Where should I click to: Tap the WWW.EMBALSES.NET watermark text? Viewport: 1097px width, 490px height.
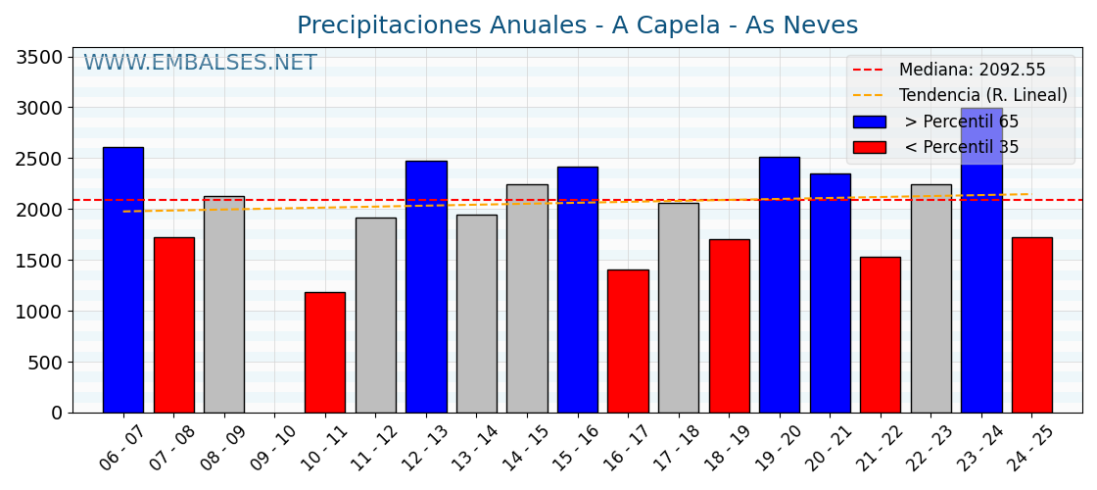tap(200, 64)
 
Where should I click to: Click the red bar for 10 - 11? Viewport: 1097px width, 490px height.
tap(325, 353)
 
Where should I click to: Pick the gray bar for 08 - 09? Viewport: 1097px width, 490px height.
tap(224, 305)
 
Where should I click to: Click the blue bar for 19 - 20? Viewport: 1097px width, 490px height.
tap(780, 285)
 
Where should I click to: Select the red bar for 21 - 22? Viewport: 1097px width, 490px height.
tap(881, 335)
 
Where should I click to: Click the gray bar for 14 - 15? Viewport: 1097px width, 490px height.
tap(527, 299)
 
